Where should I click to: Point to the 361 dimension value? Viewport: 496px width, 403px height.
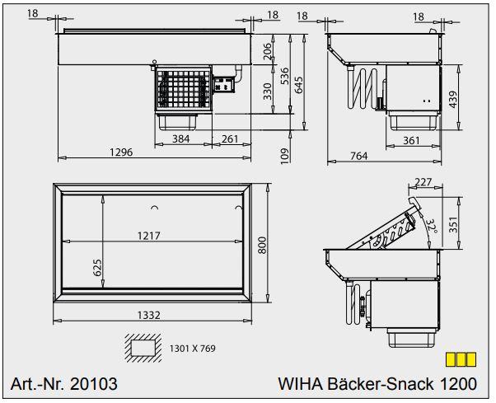tap(411, 140)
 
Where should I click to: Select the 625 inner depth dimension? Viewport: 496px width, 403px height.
tap(96, 266)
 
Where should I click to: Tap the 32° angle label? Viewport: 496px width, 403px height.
tap(430, 225)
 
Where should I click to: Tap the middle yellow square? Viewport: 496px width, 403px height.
tap(461, 359)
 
